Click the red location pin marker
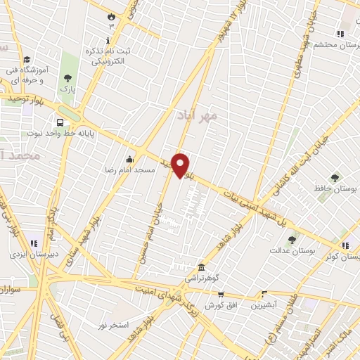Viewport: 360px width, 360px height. [181, 165]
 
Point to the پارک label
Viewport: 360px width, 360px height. [67, 91]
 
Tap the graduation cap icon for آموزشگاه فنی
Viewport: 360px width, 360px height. [27, 59]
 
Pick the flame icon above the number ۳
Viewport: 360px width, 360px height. [110, 15]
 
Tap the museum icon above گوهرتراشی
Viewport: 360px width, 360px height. [202, 267]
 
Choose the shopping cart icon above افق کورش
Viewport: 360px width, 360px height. [221, 295]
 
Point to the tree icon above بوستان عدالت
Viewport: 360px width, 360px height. [292, 239]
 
